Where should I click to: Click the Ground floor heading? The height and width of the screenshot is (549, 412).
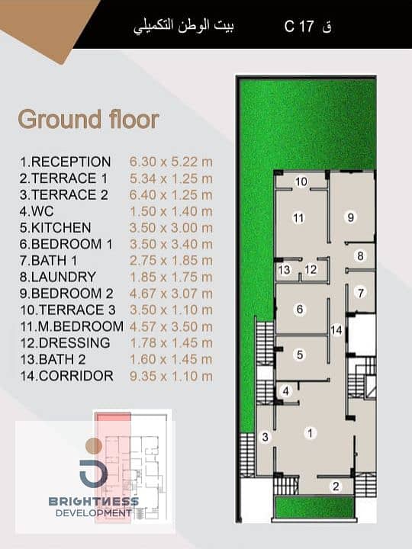(x=89, y=120)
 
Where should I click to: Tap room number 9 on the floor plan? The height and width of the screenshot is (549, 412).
(x=351, y=217)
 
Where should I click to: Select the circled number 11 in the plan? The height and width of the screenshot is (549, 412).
(x=298, y=218)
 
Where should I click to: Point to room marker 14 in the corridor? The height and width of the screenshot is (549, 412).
(x=336, y=330)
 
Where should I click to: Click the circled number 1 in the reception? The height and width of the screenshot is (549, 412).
(x=310, y=433)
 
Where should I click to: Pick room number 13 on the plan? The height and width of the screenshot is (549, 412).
(x=285, y=270)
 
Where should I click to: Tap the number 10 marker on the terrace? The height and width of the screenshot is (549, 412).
(x=301, y=181)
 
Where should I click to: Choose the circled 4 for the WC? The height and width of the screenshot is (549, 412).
(x=286, y=391)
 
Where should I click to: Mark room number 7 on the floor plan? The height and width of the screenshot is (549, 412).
(x=361, y=292)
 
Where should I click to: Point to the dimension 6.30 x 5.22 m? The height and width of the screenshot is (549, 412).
(x=171, y=162)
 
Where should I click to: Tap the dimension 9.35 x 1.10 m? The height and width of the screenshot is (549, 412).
(x=171, y=376)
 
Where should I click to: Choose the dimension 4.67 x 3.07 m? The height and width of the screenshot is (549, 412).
(x=171, y=294)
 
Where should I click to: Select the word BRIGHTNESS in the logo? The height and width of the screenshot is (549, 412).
(x=94, y=502)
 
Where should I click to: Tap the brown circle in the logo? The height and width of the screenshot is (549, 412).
(x=94, y=446)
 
